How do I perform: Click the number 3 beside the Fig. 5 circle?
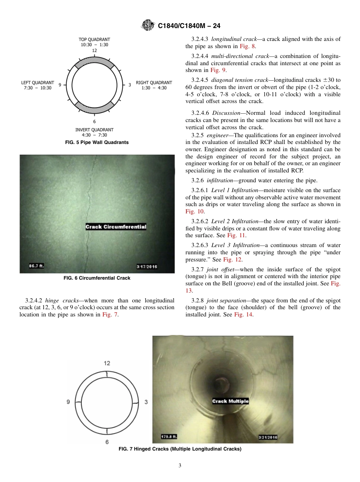pyautogui.click(x=130, y=85)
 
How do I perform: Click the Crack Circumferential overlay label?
pyautogui.click(x=116, y=227)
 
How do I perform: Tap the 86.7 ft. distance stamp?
pyautogui.click(x=37, y=266)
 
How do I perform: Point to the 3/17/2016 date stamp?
pyautogui.click(x=146, y=266)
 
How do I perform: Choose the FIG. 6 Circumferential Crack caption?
pyautogui.click(x=97, y=278)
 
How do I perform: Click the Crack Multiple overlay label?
pyautogui.click(x=230, y=401)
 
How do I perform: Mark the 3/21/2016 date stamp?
pyautogui.click(x=268, y=437)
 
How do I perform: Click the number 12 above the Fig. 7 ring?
pyautogui.click(x=107, y=363)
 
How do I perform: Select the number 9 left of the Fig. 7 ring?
pyautogui.click(x=68, y=402)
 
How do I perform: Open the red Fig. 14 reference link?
pyautogui.click(x=243, y=315)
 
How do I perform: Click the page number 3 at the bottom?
pyautogui.click(x=180, y=465)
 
